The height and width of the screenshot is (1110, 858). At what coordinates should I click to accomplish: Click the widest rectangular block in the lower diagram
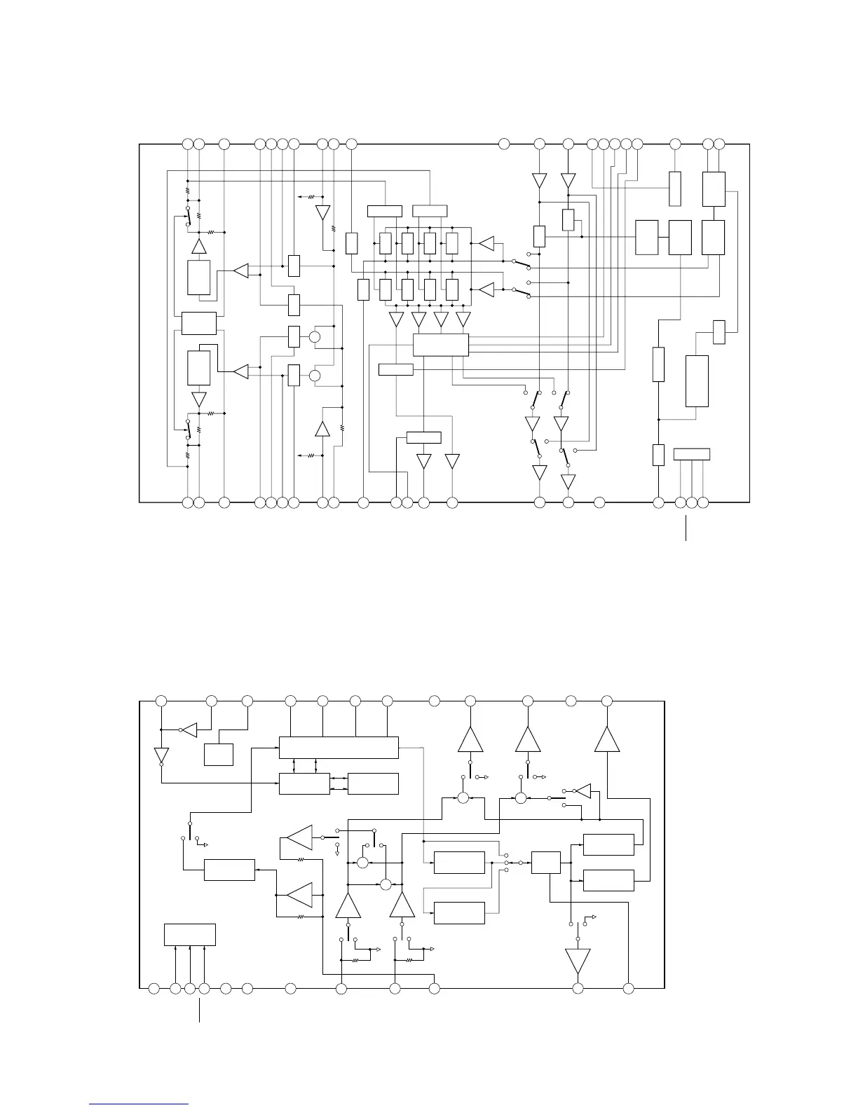pos(339,747)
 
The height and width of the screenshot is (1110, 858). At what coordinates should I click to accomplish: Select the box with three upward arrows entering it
pos(189,935)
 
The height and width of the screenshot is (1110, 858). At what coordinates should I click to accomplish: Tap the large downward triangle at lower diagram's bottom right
pos(578,961)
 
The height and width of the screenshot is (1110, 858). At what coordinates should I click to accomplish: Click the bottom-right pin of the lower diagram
pos(628,988)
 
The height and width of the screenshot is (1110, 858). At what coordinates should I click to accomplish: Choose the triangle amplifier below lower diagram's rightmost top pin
pos(607,740)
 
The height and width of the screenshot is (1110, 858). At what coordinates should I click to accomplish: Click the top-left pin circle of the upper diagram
pos(187,144)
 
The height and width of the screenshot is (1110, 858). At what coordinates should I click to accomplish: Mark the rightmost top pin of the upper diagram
pos(720,144)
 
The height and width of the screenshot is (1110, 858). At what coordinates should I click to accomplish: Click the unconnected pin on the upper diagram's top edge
pos(503,144)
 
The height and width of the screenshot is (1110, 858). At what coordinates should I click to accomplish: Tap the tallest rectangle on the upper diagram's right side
pos(697,381)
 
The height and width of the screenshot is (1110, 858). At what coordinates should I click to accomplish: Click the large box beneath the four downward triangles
pos(441,345)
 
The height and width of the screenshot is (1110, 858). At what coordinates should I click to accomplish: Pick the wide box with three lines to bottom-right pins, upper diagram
pos(691,454)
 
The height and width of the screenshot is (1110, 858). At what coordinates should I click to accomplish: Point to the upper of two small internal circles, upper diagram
pos(315,337)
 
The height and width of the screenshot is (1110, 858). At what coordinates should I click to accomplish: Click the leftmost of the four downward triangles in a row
pos(396,320)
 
